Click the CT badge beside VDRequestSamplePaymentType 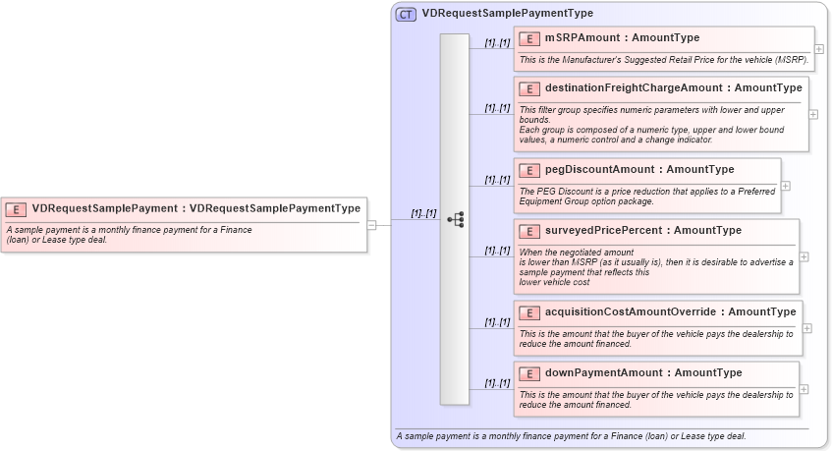coord(406,14)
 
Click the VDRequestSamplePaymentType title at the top coord(507,14)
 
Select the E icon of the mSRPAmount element coord(529,38)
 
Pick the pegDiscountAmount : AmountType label coord(639,170)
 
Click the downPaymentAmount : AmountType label coord(643,373)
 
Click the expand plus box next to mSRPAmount coord(819,48)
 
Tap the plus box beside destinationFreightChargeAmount coord(813,114)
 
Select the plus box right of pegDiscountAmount coord(785,185)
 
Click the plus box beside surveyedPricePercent coord(804,256)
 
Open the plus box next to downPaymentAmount coord(804,388)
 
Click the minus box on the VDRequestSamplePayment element coord(371,224)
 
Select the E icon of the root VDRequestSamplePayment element coord(17,208)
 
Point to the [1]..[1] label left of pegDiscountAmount coord(497,180)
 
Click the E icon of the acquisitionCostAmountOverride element coord(529,312)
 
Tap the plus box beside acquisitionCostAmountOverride coord(806,327)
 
